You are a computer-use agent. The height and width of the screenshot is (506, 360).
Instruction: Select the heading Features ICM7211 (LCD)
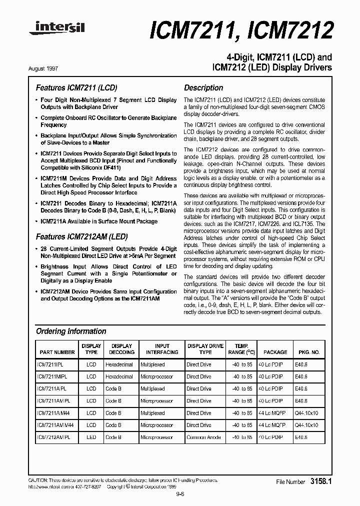pyautogui.click(x=76, y=87)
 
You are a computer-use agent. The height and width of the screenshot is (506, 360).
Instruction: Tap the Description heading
pyautogui.click(x=203, y=87)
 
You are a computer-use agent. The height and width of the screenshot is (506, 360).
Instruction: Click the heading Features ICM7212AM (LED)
pyautogui.click(x=81, y=236)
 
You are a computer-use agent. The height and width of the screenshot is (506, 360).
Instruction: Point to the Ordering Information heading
pyautogui.click(x=71, y=331)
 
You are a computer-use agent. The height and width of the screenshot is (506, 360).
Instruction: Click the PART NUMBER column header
pyautogui.click(x=57, y=352)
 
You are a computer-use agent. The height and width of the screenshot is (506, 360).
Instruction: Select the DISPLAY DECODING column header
pyautogui.click(x=121, y=349)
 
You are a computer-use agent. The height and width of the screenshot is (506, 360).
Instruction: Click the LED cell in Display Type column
pyautogui.click(x=91, y=437)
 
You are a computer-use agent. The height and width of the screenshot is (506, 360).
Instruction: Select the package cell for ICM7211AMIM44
pyautogui.click(x=270, y=425)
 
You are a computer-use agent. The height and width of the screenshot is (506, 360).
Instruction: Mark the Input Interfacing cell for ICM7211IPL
pyautogui.click(x=152, y=364)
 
